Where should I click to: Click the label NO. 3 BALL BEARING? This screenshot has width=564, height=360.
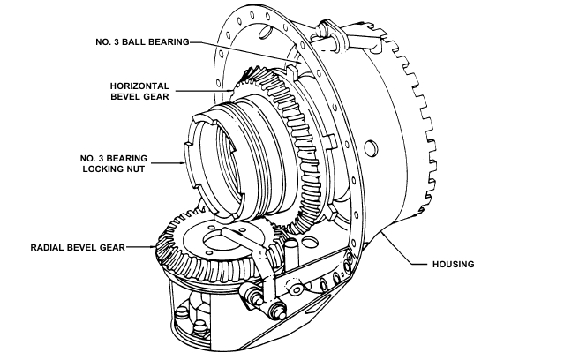point(144,42)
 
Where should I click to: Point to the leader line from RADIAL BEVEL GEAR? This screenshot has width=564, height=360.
point(140,248)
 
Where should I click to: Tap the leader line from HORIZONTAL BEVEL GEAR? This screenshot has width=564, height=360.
point(207,90)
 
